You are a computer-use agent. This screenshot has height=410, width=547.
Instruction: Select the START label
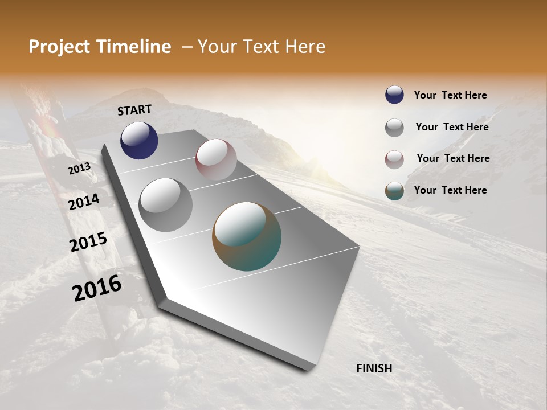click(x=134, y=110)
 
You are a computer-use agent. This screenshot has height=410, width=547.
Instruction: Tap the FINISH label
click(x=374, y=368)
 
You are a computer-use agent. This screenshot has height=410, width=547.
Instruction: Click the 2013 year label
click(x=79, y=169)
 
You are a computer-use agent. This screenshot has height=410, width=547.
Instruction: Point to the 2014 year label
click(x=84, y=202)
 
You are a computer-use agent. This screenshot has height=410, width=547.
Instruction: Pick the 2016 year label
click(x=97, y=288)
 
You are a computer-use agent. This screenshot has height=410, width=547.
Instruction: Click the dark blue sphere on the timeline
click(x=139, y=140)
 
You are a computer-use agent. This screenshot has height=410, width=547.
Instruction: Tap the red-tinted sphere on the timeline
click(x=216, y=159)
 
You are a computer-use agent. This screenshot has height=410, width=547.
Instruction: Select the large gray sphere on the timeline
click(x=166, y=204)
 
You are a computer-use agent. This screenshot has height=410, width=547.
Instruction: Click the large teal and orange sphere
click(x=247, y=236)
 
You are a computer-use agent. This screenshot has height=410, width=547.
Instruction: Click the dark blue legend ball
click(x=394, y=95)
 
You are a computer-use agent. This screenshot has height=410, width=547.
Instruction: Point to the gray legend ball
click(x=394, y=128)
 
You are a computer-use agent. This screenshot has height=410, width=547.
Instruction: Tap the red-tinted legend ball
click(x=394, y=159)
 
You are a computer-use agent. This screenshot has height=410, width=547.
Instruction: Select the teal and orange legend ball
click(x=394, y=191)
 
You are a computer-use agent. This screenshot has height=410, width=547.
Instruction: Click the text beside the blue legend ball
click(x=450, y=95)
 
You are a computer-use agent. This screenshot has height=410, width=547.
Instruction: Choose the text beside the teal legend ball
click(x=450, y=190)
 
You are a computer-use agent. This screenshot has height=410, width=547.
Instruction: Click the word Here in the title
click(x=305, y=47)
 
